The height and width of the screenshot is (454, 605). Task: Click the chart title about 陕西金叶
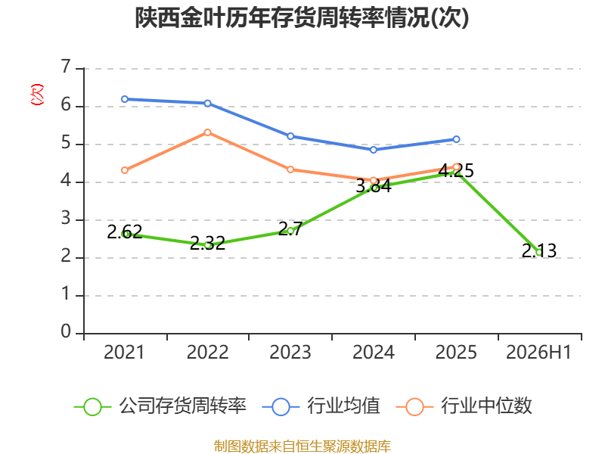pos(302,17)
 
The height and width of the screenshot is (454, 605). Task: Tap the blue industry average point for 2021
pos(125,99)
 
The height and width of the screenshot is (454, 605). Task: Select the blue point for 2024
pos(374,150)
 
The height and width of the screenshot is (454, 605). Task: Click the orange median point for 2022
pos(207,132)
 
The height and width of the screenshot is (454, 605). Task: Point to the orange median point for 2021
pos(125,170)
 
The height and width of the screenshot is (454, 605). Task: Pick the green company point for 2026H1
pos(539,253)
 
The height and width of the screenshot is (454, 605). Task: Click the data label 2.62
pos(125,232)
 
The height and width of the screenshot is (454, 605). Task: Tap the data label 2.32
pos(207,243)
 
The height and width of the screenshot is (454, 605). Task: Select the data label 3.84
pos(374,185)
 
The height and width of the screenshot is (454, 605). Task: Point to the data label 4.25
pos(456,170)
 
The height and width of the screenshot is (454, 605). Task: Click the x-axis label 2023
pos(290,352)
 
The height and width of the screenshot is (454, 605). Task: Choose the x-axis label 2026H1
pos(538,352)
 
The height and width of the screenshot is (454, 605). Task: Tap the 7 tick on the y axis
pos(66,67)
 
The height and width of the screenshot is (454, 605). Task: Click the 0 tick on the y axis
pos(66,331)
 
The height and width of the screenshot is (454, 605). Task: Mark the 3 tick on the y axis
pos(66,219)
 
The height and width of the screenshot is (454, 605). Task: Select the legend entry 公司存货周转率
pos(160,406)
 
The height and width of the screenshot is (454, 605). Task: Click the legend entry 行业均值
pos(321,406)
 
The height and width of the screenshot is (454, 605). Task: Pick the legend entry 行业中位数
pos(464,406)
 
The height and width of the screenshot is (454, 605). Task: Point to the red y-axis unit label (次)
pos(37,95)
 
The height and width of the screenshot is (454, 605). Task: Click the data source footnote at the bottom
pos(302,446)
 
